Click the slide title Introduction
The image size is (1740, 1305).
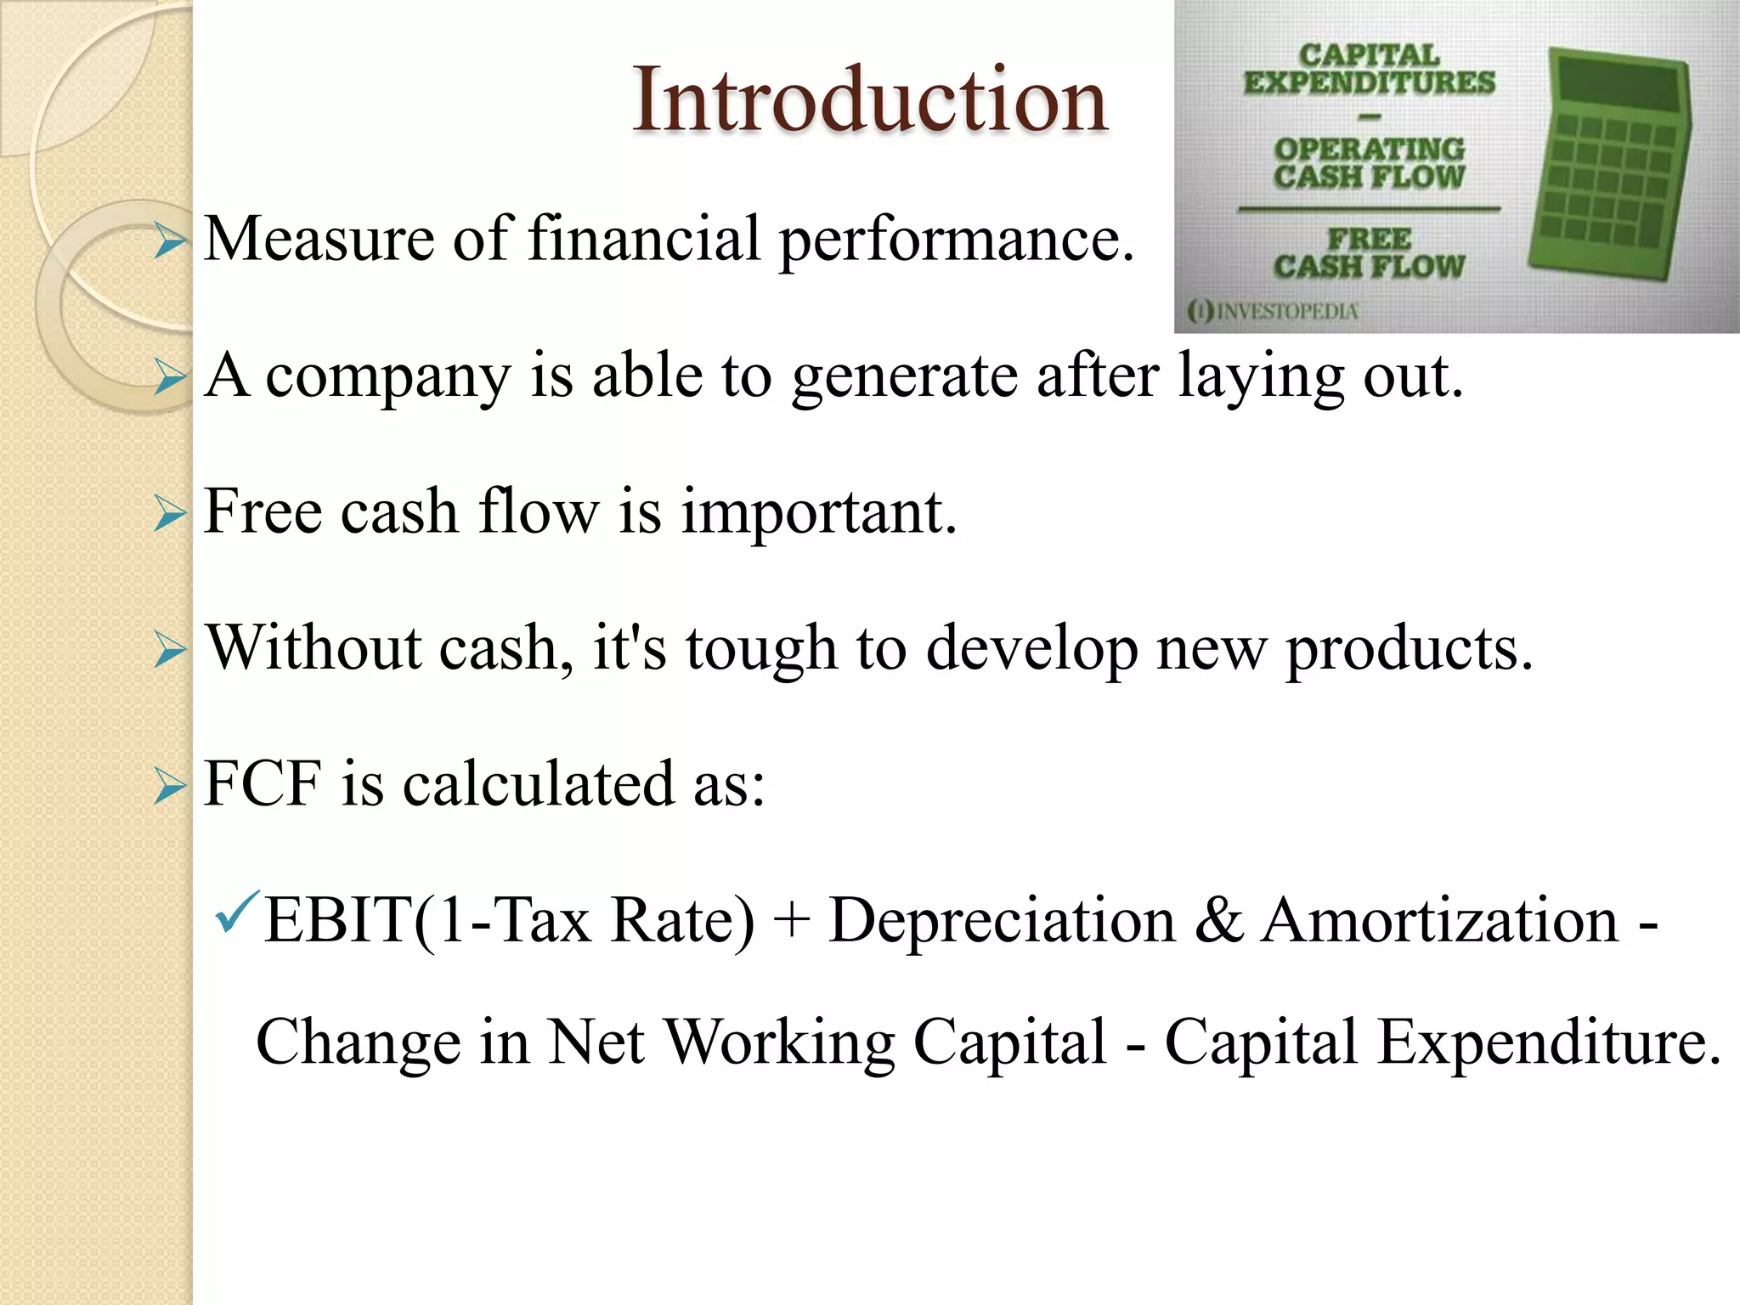point(870,100)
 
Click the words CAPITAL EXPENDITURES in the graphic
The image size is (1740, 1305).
point(1369,70)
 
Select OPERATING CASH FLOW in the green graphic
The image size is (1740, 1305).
point(1369,162)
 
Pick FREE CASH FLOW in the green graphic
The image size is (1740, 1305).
point(1369,253)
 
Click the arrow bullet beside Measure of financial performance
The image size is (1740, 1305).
point(170,241)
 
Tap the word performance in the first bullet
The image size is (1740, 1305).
point(957,241)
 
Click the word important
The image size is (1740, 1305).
point(819,513)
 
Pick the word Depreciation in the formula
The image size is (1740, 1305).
point(1001,921)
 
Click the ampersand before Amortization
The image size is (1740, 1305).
point(1218,921)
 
